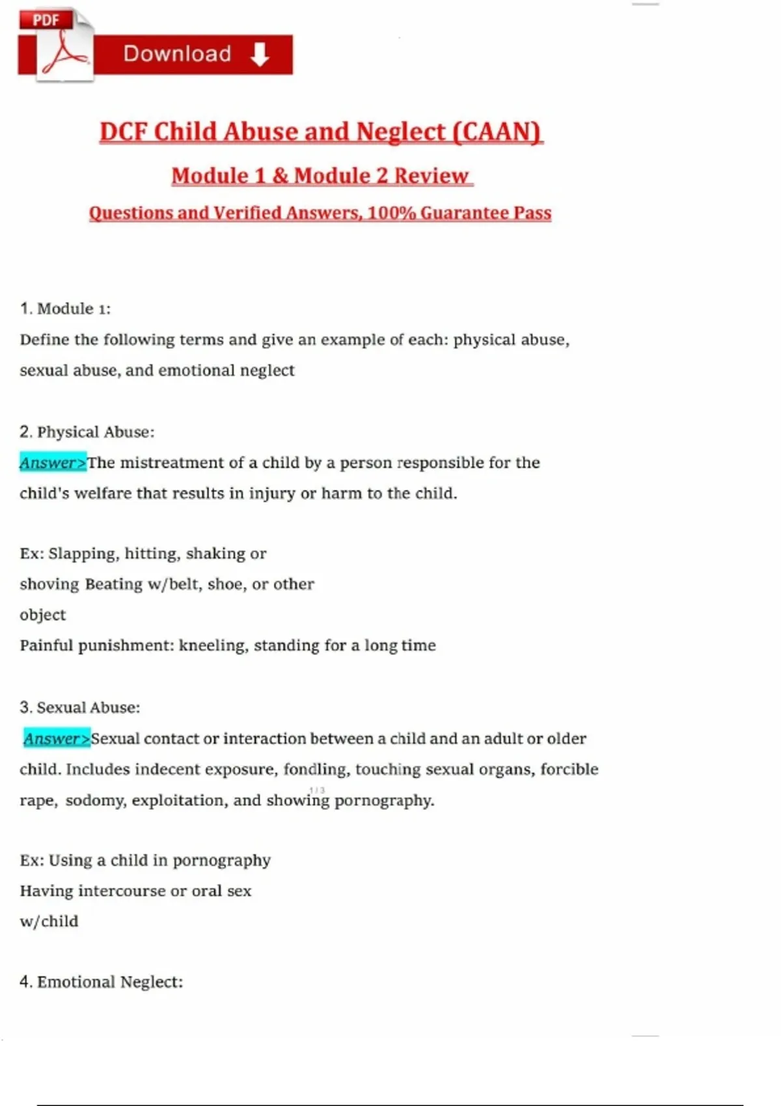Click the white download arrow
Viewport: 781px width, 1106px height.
(x=259, y=55)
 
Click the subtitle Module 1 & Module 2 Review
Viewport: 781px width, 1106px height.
(x=322, y=176)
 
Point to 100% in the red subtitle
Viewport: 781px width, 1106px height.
(x=391, y=213)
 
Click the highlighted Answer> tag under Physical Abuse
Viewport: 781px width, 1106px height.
(x=53, y=463)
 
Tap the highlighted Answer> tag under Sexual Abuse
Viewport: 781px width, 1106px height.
(x=57, y=738)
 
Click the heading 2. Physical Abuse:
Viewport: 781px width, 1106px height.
(x=87, y=432)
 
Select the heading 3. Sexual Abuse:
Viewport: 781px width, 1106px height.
(x=80, y=707)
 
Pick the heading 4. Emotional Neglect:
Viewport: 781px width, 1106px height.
(x=102, y=982)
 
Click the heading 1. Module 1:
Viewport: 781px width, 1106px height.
(x=65, y=308)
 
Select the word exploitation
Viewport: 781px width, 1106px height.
(x=178, y=800)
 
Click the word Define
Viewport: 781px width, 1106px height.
(x=44, y=340)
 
